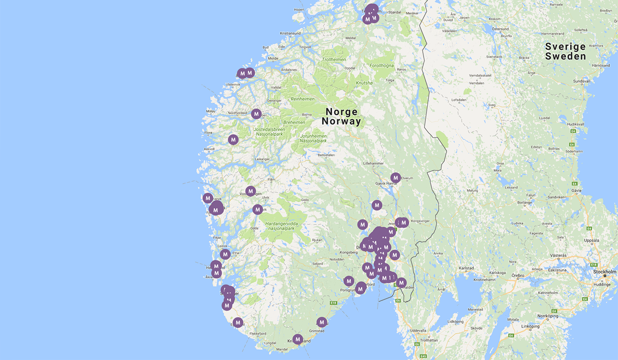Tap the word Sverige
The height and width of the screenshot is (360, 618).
pos(565,47)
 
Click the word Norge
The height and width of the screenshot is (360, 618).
pos(341,112)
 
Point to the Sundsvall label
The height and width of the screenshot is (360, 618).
pos(581,81)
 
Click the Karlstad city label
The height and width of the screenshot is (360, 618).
pos(466,268)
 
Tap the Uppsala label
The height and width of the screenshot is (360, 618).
pos(591,240)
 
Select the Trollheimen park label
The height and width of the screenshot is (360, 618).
pos(334,59)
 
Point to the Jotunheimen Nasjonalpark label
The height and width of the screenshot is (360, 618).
pos(313,138)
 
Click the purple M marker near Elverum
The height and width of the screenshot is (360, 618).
pos(396,177)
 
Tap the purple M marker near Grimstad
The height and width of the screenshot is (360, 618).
pos(322,322)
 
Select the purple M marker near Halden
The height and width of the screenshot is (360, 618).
pos(402,282)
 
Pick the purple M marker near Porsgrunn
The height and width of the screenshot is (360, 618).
pos(349,281)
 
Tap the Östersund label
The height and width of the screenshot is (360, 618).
pos(500,29)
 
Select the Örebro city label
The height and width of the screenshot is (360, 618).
pos(518,275)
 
